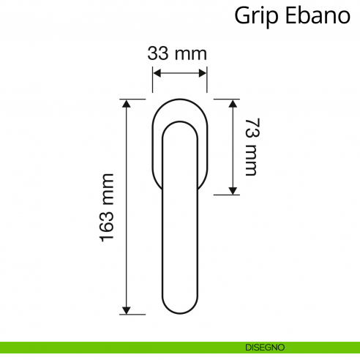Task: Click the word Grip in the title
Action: pos(254,15)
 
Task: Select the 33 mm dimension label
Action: pos(177,53)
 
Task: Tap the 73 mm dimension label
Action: pos(252,146)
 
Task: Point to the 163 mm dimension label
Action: pos(107,207)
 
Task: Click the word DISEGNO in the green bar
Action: pos(266,347)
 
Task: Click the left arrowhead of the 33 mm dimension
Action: pos(157,72)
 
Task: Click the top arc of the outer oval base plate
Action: pos(180,98)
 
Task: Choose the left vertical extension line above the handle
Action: pos(152,80)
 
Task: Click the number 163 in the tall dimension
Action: pos(107,222)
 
